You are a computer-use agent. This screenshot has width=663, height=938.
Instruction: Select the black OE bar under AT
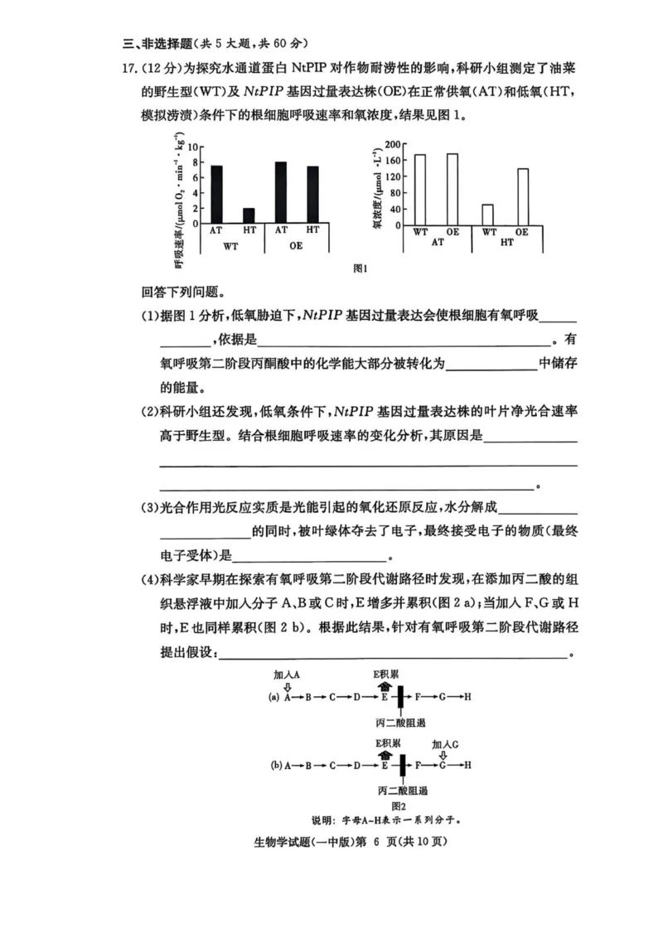tap(281, 192)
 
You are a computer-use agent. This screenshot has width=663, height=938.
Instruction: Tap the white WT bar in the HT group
tap(488, 215)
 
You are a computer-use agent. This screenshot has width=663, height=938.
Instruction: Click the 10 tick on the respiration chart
tap(196, 147)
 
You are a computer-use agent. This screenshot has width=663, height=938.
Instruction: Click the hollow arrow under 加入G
tap(443, 755)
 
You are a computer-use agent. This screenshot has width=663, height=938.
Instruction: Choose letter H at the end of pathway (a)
tap(467, 698)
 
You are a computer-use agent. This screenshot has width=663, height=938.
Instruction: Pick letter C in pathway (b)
tap(331, 766)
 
